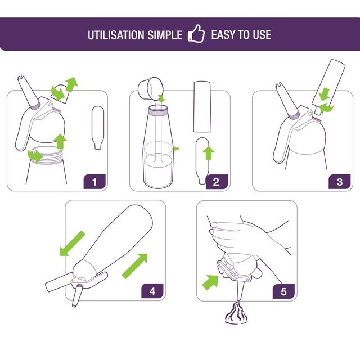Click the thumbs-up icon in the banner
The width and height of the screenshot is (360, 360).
196,34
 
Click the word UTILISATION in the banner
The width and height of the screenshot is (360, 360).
115,35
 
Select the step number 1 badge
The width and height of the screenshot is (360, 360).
94,182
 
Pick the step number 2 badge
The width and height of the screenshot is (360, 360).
217,182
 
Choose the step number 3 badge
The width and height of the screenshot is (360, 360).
340,182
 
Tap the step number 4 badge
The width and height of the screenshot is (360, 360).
152,291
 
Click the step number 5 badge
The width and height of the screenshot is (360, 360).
283,291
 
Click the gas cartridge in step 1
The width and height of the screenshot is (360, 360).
97,128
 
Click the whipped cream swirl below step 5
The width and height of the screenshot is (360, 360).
236,313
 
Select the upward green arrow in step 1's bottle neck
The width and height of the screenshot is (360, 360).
60,142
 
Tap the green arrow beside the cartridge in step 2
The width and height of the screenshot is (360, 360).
209,153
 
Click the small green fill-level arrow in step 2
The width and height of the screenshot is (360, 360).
176,148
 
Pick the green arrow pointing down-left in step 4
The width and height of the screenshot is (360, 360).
72,244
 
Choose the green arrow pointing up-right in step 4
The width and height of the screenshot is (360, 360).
134,266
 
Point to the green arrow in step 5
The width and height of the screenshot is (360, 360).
210,282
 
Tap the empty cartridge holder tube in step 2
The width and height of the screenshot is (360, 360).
202,107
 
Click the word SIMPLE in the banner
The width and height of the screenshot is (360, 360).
165,35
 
